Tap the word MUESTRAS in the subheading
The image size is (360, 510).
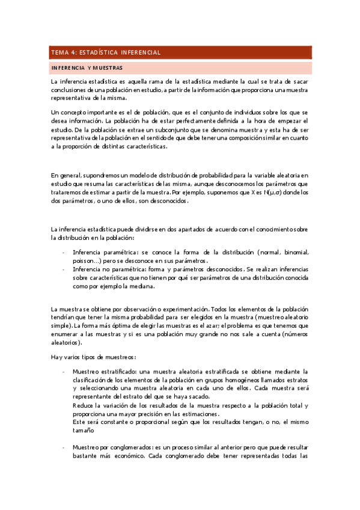[x=108, y=68]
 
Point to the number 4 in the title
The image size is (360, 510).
[x=75, y=52]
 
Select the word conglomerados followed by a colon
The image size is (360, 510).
[x=127, y=447]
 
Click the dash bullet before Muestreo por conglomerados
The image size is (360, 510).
[x=64, y=447]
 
